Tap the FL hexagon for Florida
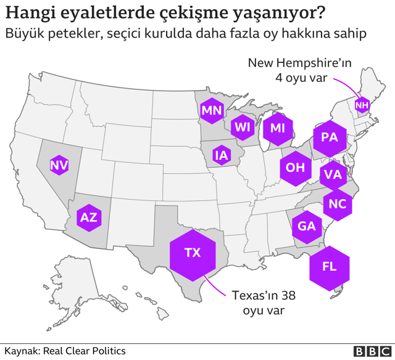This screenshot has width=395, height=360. coord(330,266)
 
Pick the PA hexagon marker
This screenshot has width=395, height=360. coord(330,137)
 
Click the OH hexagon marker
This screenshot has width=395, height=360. coord(296,167)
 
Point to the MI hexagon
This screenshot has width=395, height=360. coord(278,128)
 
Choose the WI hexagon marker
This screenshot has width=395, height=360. coord(242,128)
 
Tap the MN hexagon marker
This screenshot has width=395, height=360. coord(212,111)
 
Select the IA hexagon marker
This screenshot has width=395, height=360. coord(221,155)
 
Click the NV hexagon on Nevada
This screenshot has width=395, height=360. coord(59,165)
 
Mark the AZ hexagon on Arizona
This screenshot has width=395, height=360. coord(88,217)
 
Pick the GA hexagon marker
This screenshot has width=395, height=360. coord(307,226)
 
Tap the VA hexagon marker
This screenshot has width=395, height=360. coord(333,174)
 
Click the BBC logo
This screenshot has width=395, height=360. coord(368,351)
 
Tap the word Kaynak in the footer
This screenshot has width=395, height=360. coord(21,351)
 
